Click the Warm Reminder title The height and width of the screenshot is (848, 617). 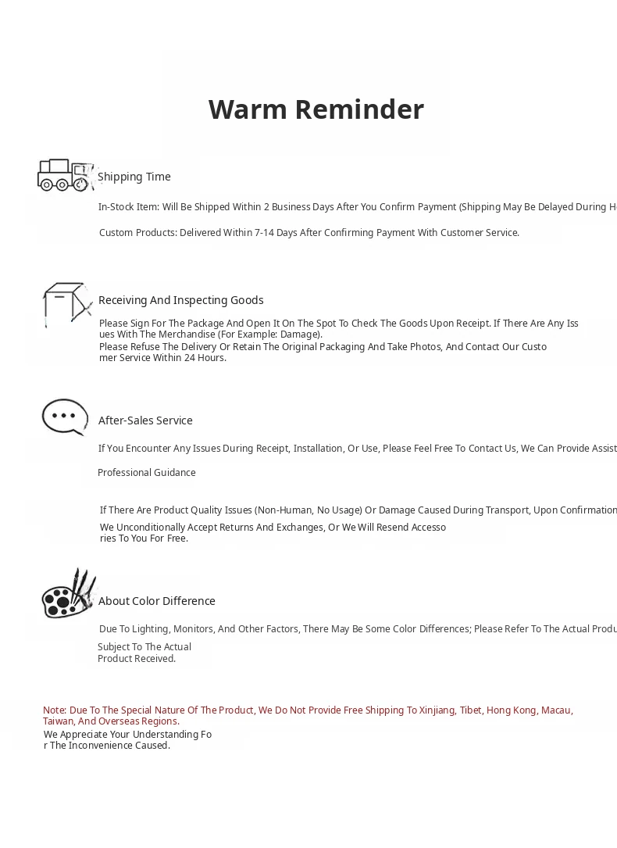click(316, 109)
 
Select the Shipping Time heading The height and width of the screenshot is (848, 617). click(134, 177)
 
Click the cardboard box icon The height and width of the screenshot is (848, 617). click(66, 302)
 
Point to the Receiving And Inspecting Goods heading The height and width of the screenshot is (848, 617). click(180, 300)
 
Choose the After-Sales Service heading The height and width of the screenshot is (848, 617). click(145, 420)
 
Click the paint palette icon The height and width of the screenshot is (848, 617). click(67, 594)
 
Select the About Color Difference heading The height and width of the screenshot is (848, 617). click(156, 601)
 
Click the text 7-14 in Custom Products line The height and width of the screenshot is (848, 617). click(266, 233)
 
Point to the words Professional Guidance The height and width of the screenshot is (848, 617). click(146, 473)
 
